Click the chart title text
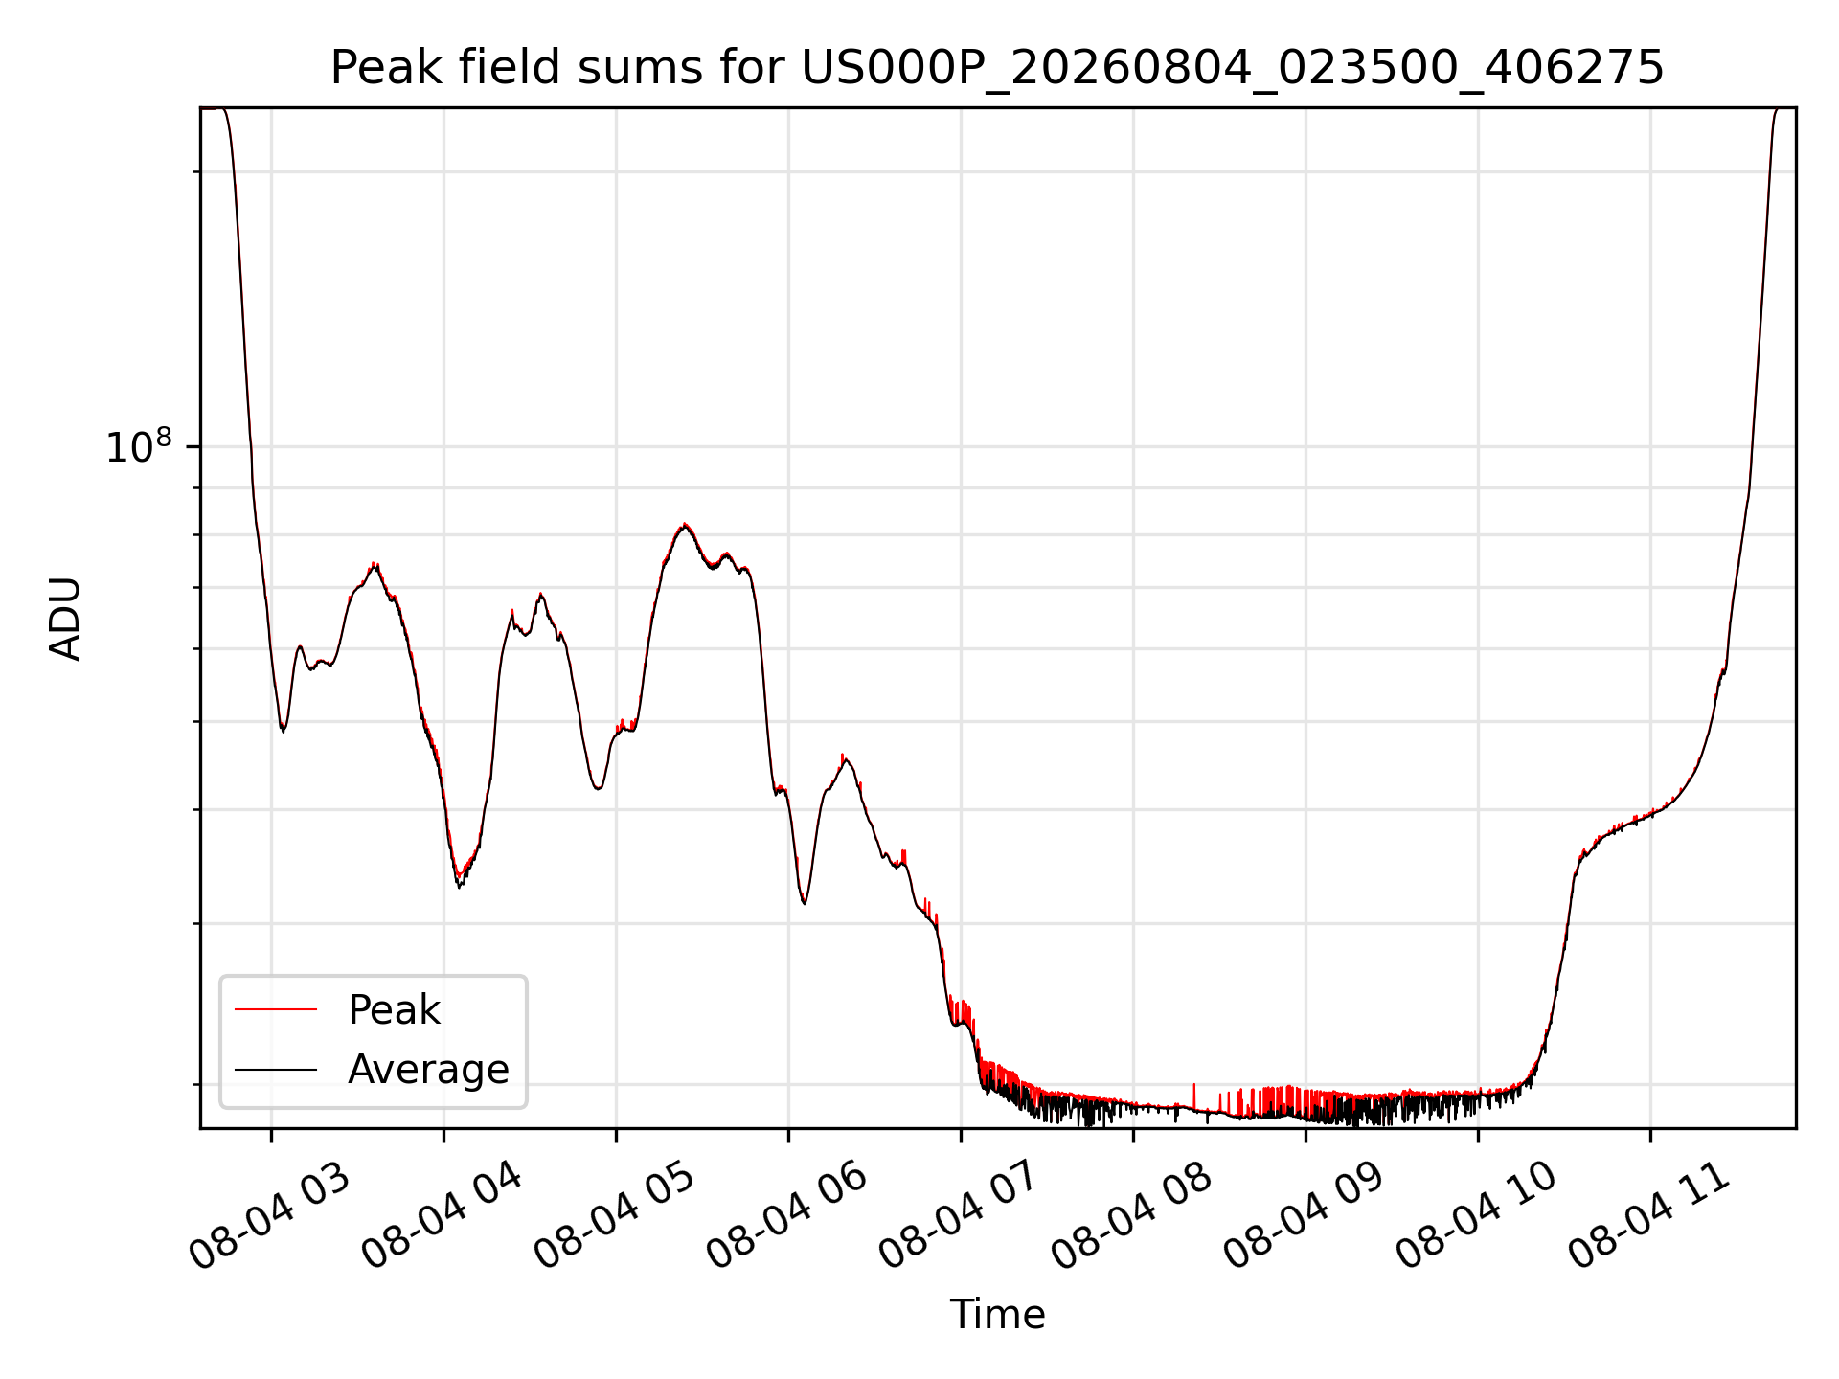coord(997,68)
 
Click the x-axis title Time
coord(997,1314)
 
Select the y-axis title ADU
coord(65,618)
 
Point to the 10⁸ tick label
coord(139,446)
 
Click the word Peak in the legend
coord(394,1010)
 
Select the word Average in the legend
coord(428,1069)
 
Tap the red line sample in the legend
coord(276,1009)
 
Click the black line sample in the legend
coord(276,1069)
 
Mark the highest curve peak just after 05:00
coord(684,525)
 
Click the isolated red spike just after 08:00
coord(1193,1095)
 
